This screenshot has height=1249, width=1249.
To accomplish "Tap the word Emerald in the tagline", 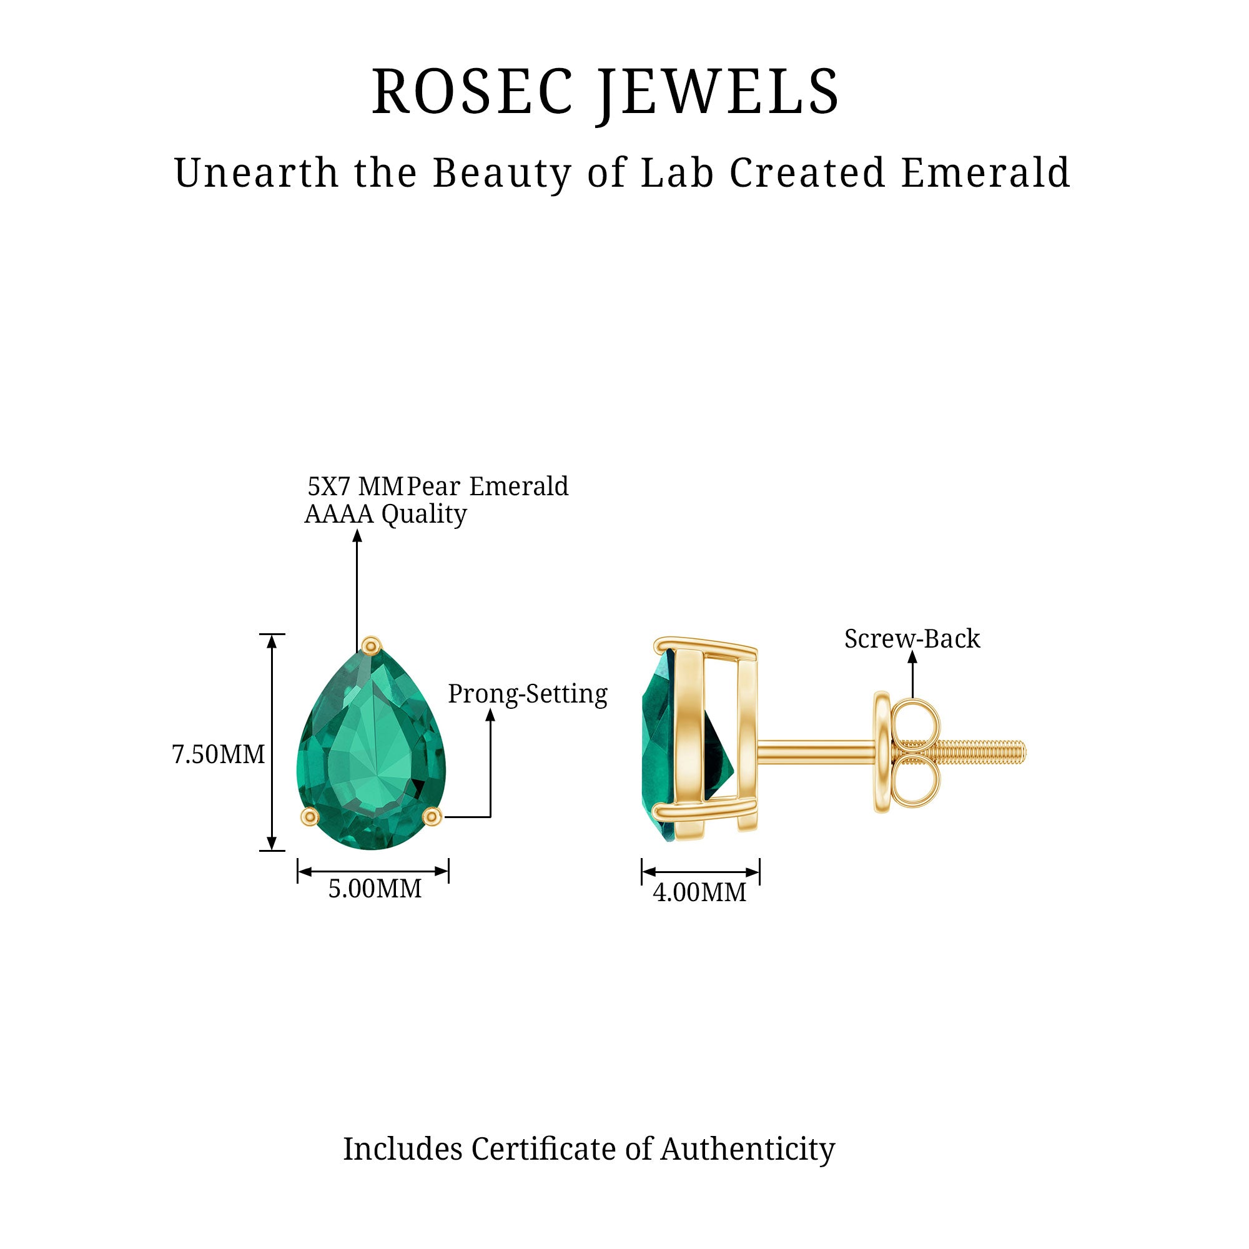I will [x=985, y=172].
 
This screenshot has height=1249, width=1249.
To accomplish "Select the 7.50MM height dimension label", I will [x=219, y=754].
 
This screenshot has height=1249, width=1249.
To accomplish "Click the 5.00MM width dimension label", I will [x=375, y=889].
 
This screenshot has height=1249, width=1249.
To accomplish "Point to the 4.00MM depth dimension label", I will [x=699, y=893].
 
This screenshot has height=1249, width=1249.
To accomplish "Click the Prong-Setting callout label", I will [x=528, y=694].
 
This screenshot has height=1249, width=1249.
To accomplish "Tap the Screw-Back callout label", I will [x=912, y=639].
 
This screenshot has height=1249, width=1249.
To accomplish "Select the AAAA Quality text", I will [x=386, y=514].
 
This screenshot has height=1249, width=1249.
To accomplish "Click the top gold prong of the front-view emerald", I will [x=371, y=645].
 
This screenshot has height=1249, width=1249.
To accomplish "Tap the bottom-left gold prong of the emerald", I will [x=310, y=817].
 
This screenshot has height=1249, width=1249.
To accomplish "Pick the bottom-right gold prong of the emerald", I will [x=432, y=817].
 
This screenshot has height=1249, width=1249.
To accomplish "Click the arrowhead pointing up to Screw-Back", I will [x=912, y=657].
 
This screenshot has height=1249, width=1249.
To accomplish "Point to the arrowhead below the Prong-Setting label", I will [x=490, y=715].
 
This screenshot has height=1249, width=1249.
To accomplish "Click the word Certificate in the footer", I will [x=544, y=1150].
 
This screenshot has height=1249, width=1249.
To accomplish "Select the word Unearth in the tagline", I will [x=256, y=172].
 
